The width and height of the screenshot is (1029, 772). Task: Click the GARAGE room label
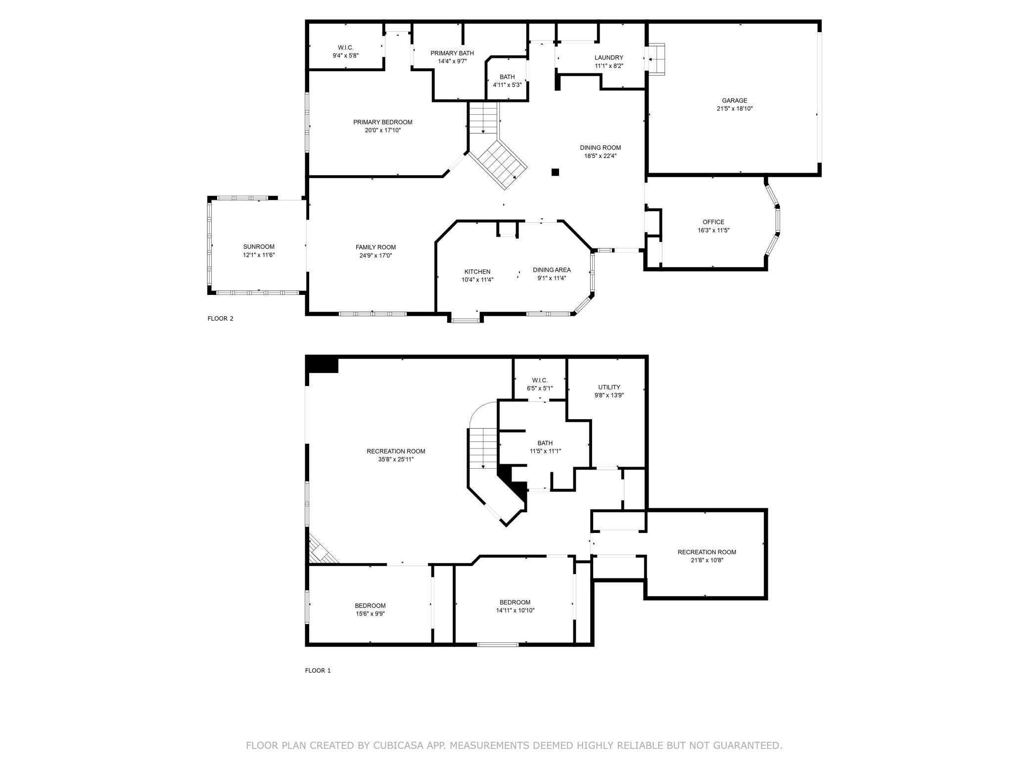point(734,100)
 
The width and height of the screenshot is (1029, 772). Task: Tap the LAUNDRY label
point(608,57)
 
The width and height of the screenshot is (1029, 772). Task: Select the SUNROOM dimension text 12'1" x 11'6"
point(259,255)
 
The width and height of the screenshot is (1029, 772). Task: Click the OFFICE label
point(713,222)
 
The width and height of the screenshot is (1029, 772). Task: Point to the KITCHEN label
point(477,272)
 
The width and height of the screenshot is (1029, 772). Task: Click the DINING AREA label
point(552,270)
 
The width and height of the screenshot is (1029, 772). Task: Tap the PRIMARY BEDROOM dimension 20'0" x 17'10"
point(383,130)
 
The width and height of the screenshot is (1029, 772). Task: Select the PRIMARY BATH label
point(452,53)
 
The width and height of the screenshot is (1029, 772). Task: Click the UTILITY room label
point(609,387)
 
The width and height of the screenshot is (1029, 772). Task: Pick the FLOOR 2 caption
point(220,319)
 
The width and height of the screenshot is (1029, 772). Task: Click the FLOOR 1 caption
point(318,671)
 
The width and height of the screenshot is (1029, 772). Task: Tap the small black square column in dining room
point(555,172)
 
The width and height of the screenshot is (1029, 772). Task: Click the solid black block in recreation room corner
point(322,364)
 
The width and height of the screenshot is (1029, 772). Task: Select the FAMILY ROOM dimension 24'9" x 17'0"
point(376,255)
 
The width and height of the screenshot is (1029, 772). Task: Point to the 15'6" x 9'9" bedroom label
point(370,606)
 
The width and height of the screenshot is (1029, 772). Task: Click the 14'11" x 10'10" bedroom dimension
point(515,610)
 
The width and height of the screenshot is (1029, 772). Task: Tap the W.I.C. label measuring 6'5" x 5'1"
point(540,380)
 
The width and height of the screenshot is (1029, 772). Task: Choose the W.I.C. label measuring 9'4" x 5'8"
point(346,48)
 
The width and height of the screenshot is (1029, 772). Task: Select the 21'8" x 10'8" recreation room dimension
point(707,560)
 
